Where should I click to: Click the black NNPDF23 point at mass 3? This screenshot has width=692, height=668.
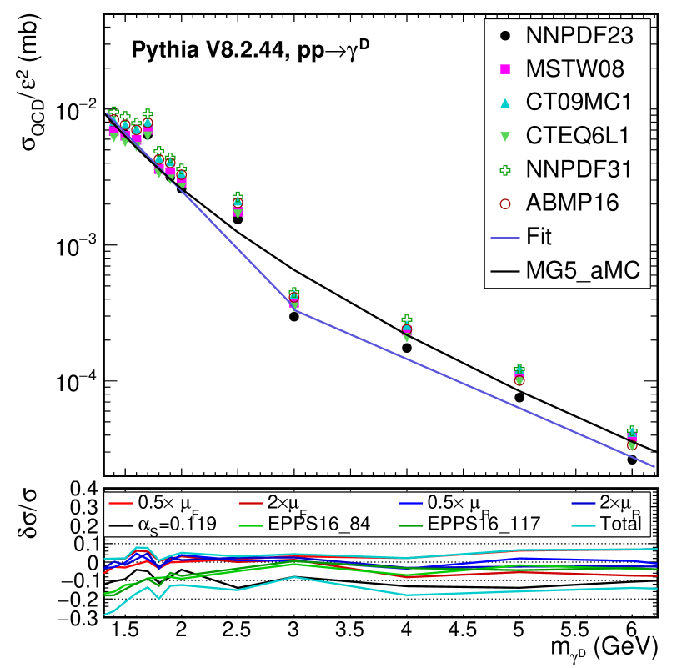294,317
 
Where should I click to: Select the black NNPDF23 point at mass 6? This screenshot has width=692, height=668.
632,460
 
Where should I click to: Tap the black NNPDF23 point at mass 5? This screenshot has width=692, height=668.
519,398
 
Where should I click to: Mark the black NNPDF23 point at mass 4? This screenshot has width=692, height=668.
407,348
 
